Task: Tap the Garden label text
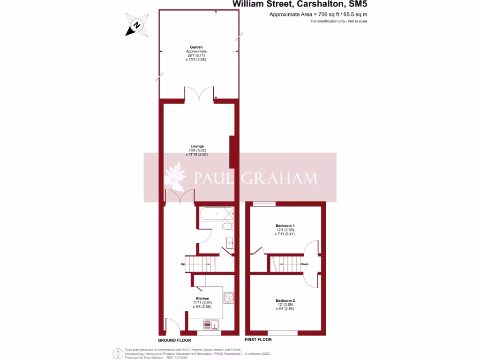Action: tap(196, 47)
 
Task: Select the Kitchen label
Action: tap(202, 299)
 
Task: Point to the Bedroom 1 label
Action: tap(285, 226)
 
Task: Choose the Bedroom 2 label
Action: tap(285, 300)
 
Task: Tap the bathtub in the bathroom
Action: tap(217, 214)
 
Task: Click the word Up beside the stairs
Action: tap(183, 264)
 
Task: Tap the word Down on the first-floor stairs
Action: tap(304, 264)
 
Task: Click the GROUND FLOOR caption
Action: tap(173, 339)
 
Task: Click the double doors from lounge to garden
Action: tap(200, 94)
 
